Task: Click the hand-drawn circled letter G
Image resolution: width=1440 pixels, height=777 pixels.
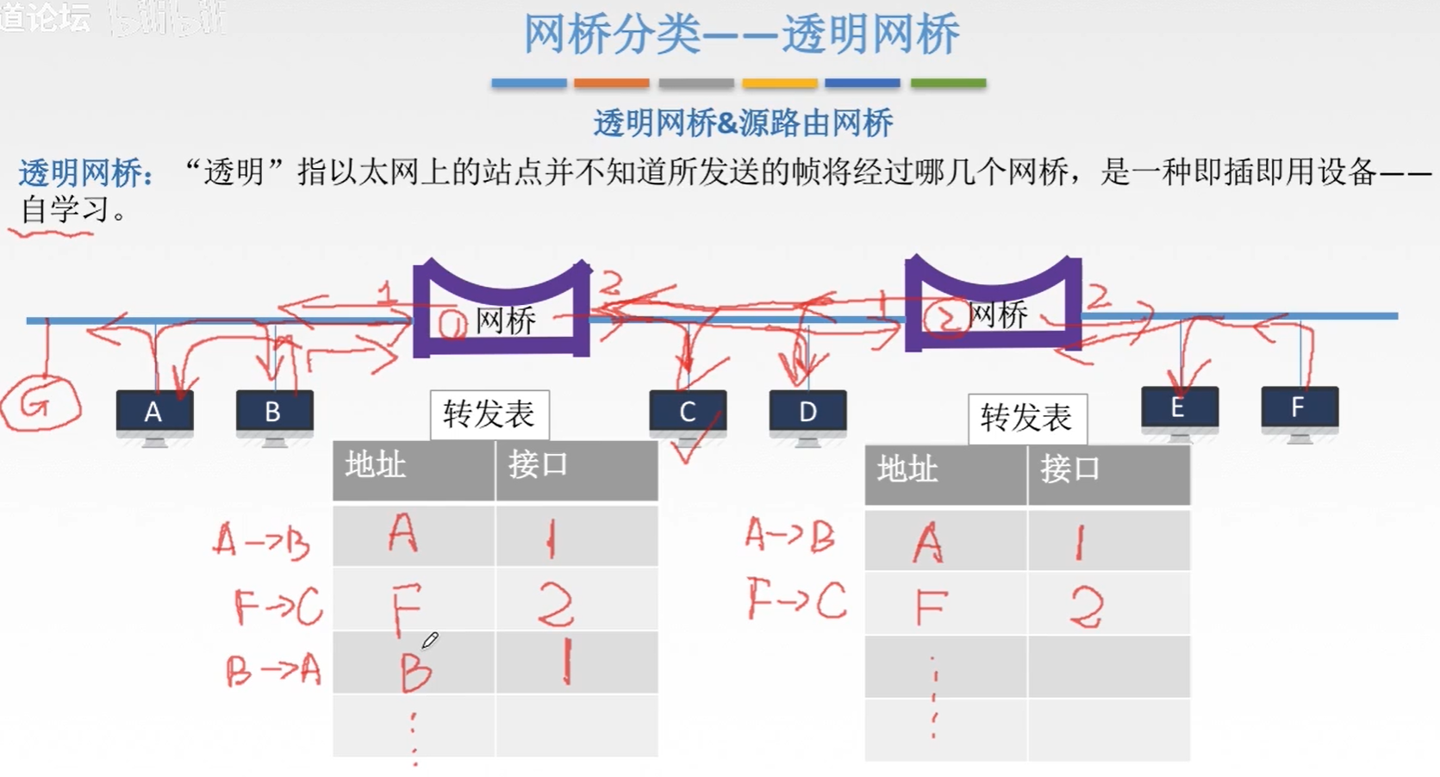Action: pos(40,403)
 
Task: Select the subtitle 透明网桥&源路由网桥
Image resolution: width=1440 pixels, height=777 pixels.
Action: pos(743,124)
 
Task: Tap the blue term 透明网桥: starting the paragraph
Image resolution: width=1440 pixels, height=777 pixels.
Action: pos(86,173)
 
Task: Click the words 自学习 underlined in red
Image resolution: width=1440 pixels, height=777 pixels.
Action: pos(65,209)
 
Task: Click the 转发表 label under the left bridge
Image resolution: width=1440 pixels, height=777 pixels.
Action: pos(489,415)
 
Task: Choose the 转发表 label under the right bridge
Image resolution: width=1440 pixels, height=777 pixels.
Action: pos(1026,419)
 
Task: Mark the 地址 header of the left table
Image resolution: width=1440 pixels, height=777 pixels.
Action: pos(377,466)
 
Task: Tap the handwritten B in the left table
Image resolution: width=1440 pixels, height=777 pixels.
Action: pos(415,671)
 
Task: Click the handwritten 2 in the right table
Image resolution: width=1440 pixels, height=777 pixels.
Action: pos(1086,607)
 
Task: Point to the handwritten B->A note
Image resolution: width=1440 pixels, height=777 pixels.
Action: pos(273,670)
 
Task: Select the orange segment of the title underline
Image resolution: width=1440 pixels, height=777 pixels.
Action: pos(611,84)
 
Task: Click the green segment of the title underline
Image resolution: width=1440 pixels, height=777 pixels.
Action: pos(948,84)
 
